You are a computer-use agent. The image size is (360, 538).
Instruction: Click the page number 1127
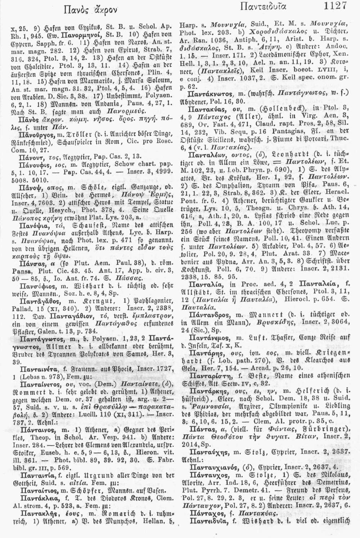click(x=335, y=6)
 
